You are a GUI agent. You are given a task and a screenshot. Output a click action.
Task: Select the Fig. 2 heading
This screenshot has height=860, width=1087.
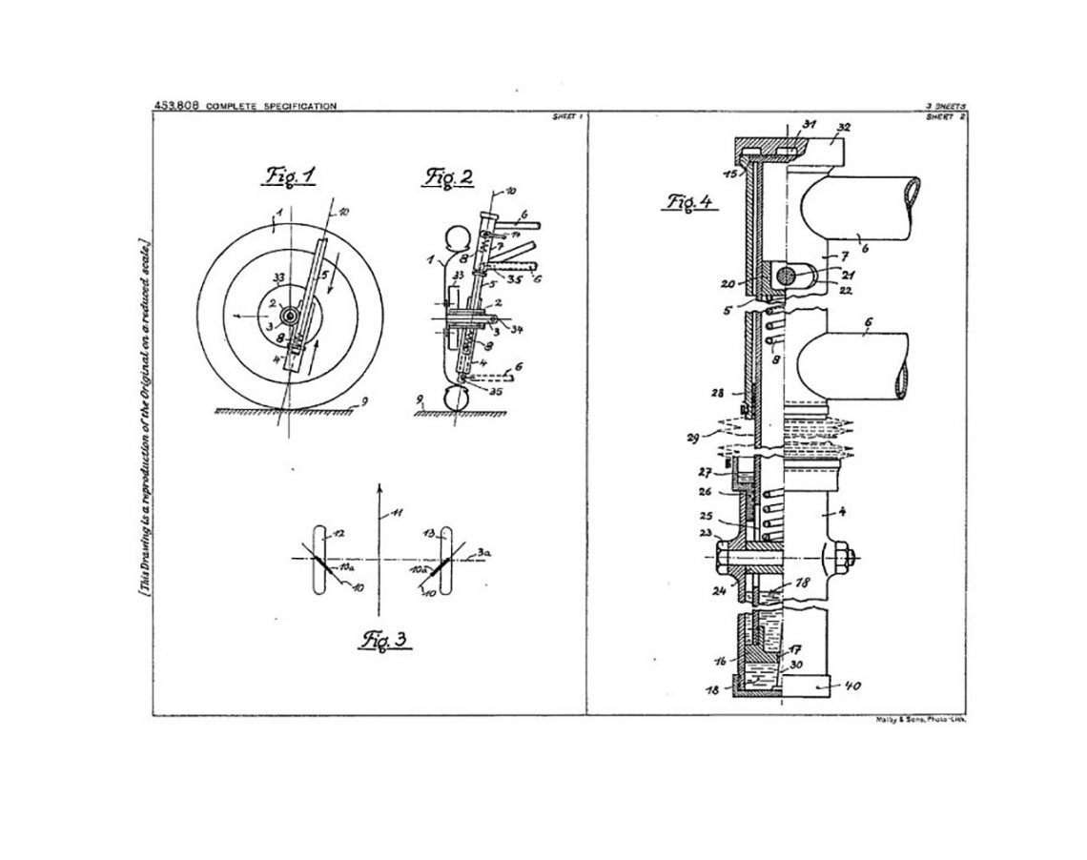[x=442, y=178]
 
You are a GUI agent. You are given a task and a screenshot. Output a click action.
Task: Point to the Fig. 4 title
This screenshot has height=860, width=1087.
[x=689, y=202]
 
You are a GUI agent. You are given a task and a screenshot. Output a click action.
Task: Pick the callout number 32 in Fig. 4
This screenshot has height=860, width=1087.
[x=843, y=126]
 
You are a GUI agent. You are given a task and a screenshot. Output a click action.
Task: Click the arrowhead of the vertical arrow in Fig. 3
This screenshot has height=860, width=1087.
[x=379, y=487]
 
